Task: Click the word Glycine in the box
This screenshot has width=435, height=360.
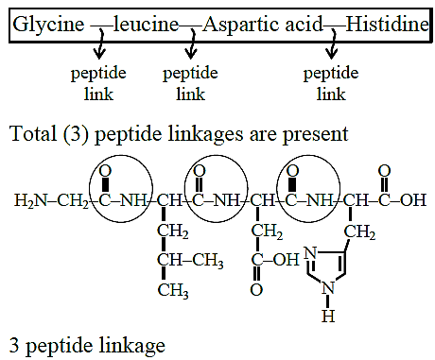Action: [48, 26]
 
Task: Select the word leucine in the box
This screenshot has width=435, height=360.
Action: [146, 25]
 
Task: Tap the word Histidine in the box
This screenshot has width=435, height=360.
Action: [388, 25]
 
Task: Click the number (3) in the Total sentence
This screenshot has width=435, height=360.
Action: [76, 134]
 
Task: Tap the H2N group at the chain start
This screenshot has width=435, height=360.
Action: [30, 200]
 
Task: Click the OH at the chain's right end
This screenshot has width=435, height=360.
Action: [413, 200]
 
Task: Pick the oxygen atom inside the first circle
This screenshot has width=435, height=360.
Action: [105, 171]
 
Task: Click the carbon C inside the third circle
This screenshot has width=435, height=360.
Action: [290, 200]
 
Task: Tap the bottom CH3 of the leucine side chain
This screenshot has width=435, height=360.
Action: [173, 290]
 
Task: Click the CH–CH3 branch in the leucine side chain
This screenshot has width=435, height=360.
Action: [190, 261]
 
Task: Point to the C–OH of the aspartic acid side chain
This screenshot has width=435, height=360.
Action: [275, 260]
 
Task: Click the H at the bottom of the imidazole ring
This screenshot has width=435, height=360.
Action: [328, 316]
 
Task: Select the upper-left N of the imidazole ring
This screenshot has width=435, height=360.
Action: [310, 253]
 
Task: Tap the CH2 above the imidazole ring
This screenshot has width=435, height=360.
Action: [359, 232]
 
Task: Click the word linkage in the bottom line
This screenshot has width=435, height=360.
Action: [131, 346]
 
